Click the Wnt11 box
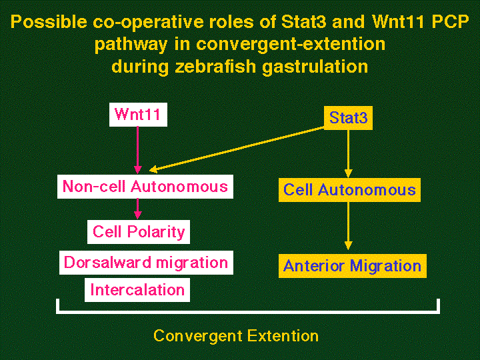click(138, 114)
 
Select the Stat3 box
click(348, 119)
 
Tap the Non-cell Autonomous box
click(145, 187)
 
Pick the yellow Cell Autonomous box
click(349, 190)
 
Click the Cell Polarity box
click(139, 232)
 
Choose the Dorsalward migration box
click(146, 263)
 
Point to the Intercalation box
click(137, 290)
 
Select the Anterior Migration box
click(352, 266)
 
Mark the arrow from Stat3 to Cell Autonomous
click(348, 153)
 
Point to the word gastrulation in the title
click(312, 67)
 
